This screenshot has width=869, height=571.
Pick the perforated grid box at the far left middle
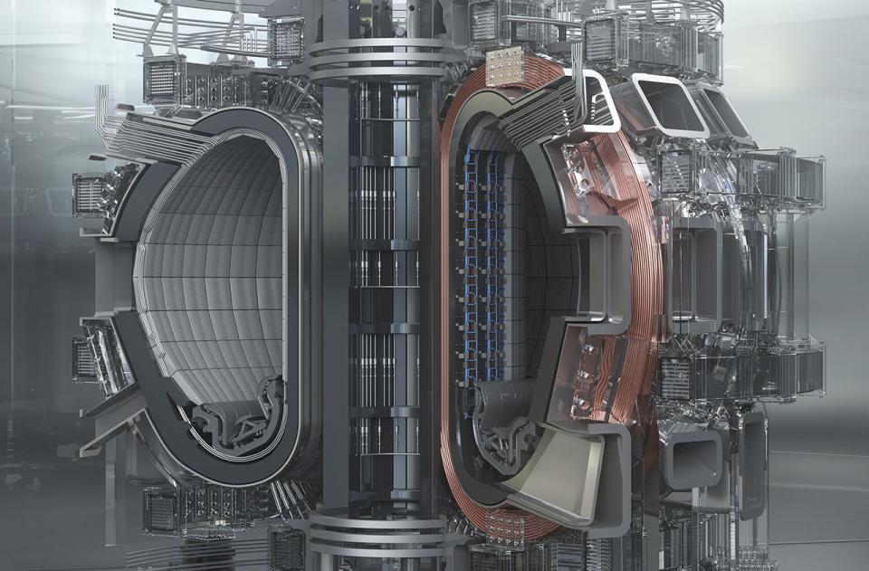tap(91, 195)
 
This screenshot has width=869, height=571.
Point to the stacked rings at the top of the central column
tap(377, 54)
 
